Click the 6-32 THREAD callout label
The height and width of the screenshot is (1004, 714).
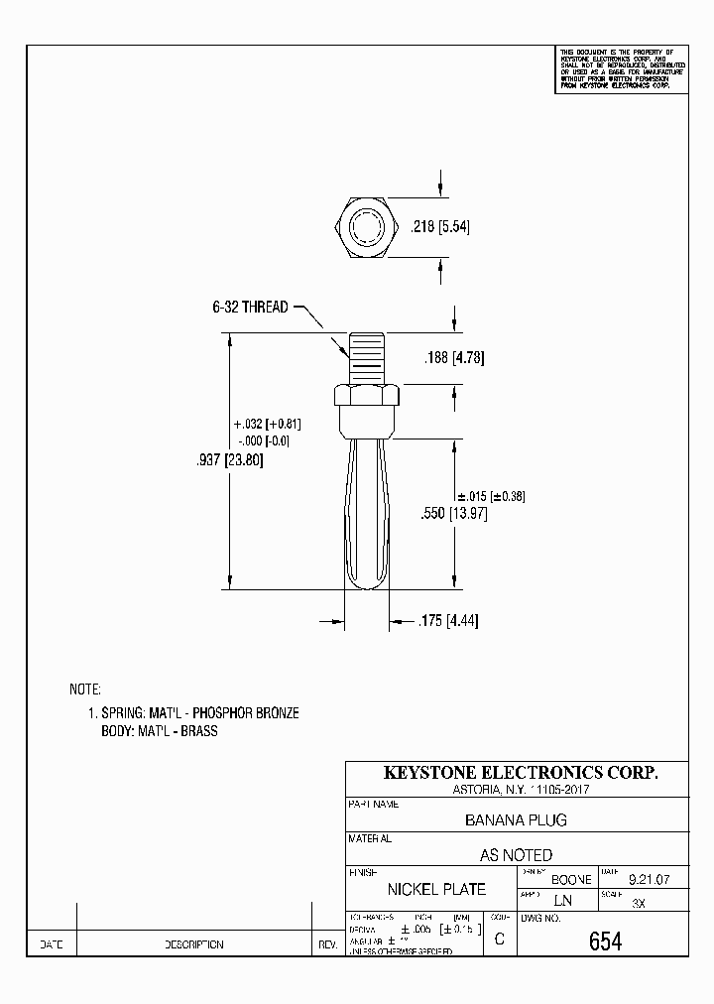pos(250,308)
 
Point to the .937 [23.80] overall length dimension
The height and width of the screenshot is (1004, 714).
pos(230,460)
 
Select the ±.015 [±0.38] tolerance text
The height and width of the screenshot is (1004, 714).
pos(490,496)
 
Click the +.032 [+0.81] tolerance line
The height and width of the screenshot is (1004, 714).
pos(268,424)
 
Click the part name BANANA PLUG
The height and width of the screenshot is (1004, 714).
pos(516,820)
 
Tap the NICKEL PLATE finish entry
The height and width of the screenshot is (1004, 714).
pos(436,889)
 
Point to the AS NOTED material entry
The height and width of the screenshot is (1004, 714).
pos(516,854)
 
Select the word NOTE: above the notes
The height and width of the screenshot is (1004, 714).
pos(85,689)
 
